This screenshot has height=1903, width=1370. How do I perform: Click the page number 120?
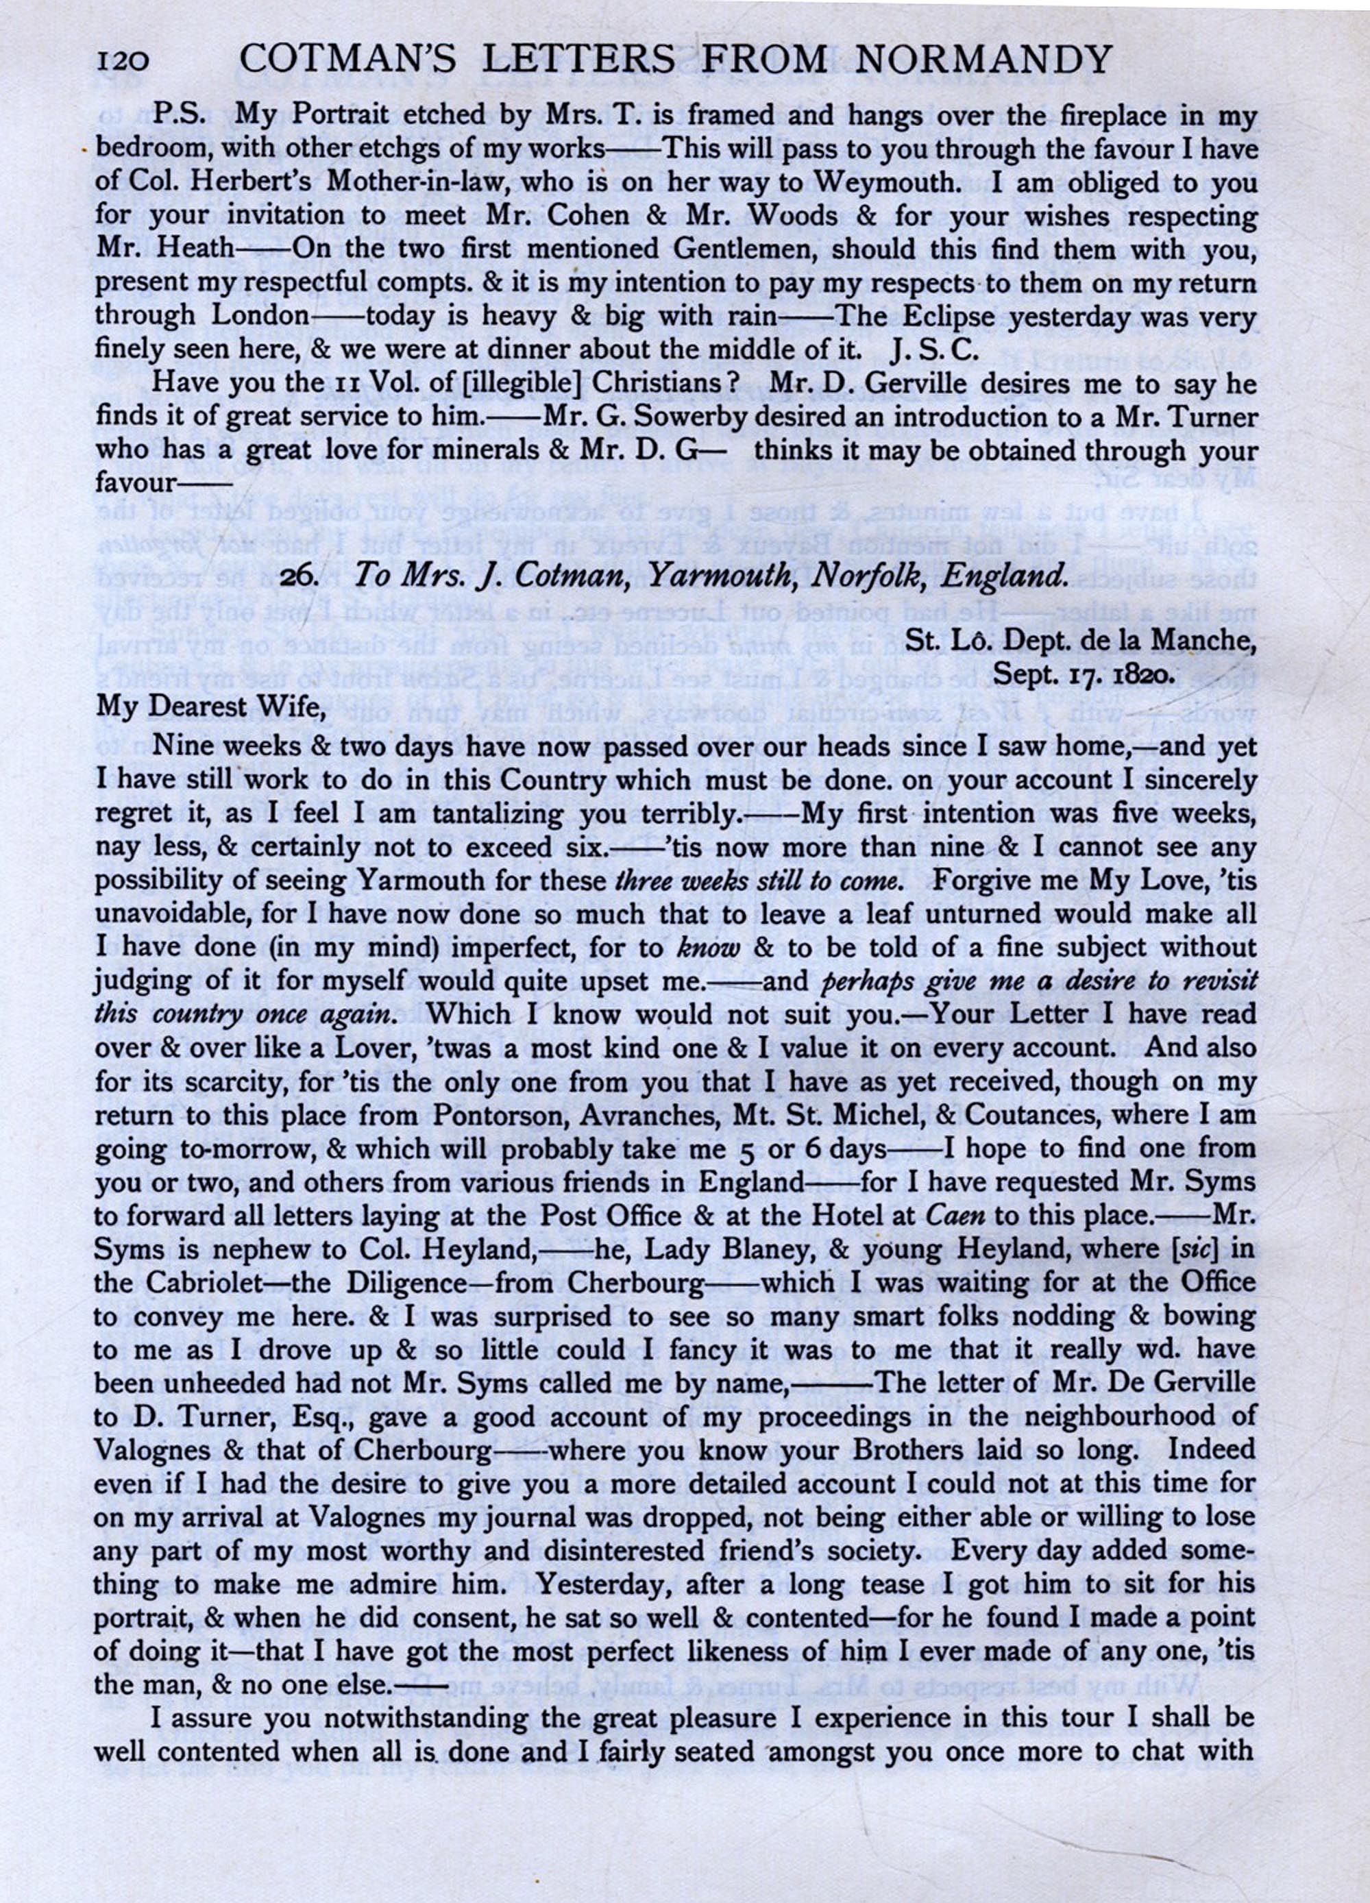[x=123, y=60]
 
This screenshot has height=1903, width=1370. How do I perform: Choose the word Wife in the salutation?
[x=283, y=707]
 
